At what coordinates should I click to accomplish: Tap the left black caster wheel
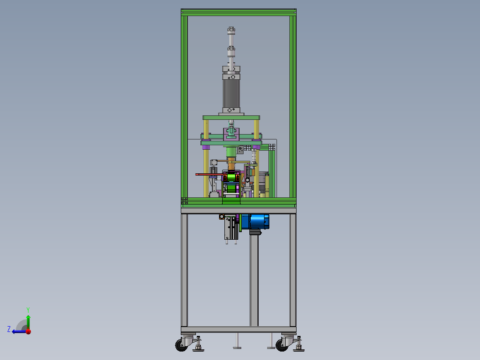point(181,345)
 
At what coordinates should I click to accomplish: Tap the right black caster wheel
point(281,345)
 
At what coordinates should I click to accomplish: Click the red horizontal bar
point(209,174)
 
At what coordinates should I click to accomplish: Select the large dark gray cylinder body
point(231,94)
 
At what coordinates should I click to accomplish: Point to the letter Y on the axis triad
point(28,310)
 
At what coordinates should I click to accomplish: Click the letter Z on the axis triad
point(9,329)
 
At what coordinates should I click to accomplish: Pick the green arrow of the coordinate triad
point(28,322)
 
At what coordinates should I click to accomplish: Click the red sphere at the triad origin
point(28,331)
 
